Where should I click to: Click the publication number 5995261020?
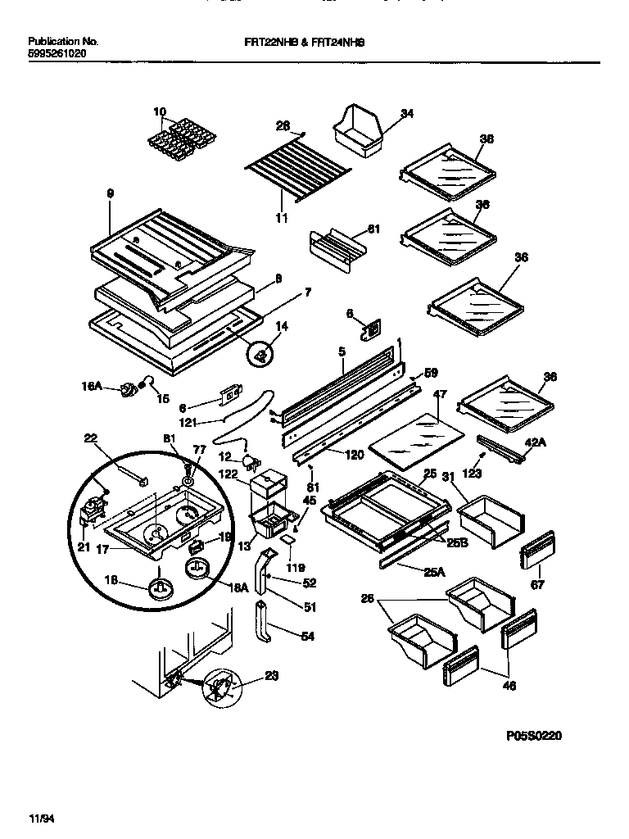[57, 52]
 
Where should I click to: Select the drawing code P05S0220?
[535, 735]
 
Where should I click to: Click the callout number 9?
[110, 193]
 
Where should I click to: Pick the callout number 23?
[272, 677]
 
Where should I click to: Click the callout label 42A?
[534, 442]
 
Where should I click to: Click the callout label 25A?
[434, 574]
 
